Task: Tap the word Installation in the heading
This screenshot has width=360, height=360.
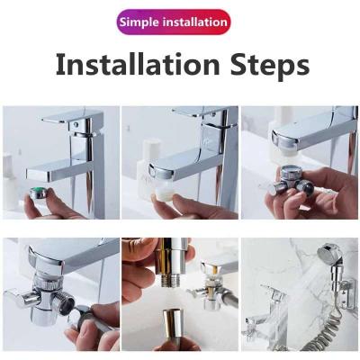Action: pos(138,64)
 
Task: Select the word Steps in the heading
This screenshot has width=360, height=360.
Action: pos(270,66)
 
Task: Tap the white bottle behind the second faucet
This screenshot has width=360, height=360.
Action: pos(147,169)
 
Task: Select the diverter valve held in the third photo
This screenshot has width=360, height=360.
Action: pos(293,181)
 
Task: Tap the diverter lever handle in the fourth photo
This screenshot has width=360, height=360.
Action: pos(21,298)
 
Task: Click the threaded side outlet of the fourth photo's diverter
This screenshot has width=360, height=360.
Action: pos(65,303)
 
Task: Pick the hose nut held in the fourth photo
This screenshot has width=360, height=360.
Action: pos(81,317)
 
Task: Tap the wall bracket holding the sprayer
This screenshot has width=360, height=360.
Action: pos(348,292)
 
